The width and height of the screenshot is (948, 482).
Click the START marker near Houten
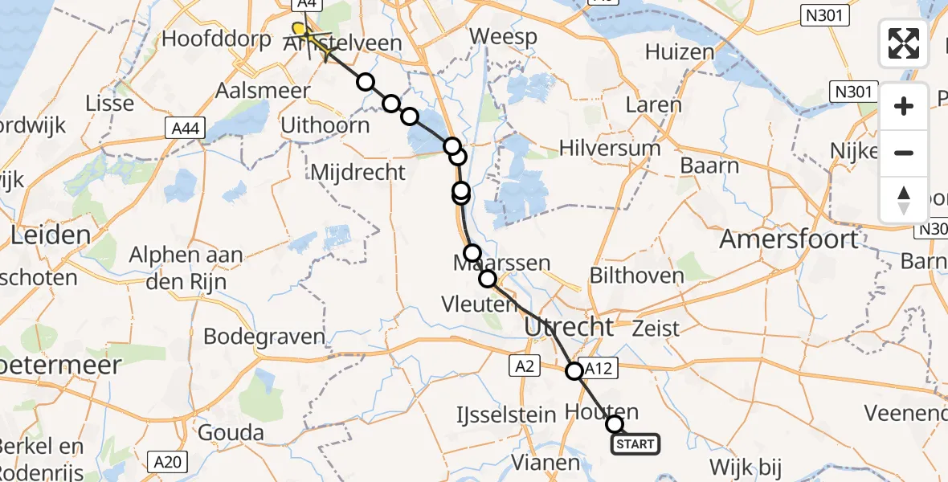[636, 443]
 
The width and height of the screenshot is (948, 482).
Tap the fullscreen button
[904, 43]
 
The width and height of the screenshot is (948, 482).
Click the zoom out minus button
[904, 153]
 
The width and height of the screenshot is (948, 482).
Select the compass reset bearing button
[904, 200]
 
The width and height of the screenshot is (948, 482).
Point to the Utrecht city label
[569, 327]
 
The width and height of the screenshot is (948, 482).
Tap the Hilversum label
[610, 148]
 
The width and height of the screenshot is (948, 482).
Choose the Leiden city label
[51, 235]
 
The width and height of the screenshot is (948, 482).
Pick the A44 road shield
[186, 128]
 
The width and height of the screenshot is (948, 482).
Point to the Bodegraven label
[264, 336]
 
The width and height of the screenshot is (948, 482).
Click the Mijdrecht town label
[358, 172]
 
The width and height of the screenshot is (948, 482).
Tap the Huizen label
[679, 52]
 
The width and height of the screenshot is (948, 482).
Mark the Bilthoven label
[636, 276]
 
